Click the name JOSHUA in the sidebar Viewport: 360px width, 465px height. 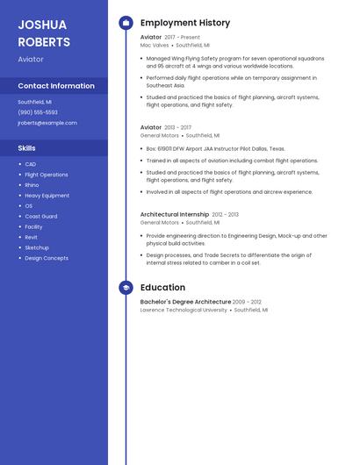[x=42, y=25]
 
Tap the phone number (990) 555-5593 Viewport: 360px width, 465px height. [x=38, y=112]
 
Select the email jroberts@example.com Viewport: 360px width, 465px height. [x=47, y=123]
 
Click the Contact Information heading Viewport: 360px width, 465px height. [x=56, y=86]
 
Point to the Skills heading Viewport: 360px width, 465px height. [x=27, y=148]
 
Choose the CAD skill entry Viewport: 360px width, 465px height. [x=31, y=164]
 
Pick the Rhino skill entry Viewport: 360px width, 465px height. [x=32, y=185]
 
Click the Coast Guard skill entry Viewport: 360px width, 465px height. [x=41, y=216]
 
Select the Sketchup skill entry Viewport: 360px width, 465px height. [x=37, y=247]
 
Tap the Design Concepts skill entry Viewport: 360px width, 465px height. [x=47, y=258]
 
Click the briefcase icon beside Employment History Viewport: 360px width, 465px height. [x=126, y=23]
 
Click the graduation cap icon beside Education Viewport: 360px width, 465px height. [x=126, y=288]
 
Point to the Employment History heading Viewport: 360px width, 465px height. [x=185, y=23]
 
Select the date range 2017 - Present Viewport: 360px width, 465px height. [x=183, y=38]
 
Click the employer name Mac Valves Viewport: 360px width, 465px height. [x=155, y=45]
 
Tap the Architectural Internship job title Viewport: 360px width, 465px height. [x=175, y=214]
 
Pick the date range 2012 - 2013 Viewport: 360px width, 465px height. [x=225, y=214]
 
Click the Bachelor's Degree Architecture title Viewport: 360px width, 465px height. [x=185, y=302]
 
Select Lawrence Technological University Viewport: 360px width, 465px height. [x=184, y=310]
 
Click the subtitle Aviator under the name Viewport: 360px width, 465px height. [x=31, y=59]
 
